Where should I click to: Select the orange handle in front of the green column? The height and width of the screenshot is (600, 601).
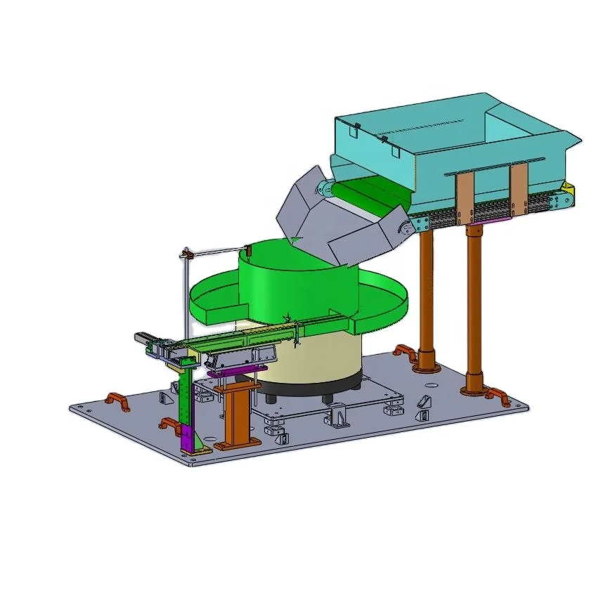tap(169, 425)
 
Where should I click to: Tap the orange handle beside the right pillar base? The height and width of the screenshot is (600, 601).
tap(498, 396)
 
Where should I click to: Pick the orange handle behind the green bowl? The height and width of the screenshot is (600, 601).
tap(403, 351)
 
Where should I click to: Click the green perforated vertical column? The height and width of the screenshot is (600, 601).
tap(184, 400)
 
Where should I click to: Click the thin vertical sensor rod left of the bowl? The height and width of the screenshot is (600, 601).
tap(186, 295)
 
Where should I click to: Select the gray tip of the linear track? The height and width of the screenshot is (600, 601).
tap(143, 338)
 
